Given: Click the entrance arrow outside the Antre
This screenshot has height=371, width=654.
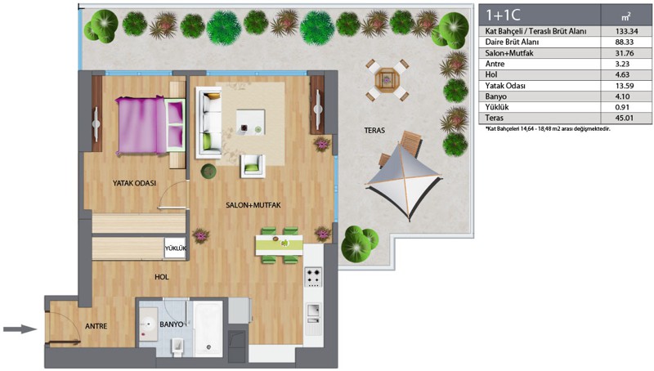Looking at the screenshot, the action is (20, 329).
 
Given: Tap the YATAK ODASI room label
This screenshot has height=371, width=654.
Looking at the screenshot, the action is (134, 183).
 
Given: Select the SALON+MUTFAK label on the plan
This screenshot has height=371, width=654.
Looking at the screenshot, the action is (253, 205).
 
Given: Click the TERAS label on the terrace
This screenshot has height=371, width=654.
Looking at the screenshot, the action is (374, 131).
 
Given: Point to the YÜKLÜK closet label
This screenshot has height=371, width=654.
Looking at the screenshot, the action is (175, 248).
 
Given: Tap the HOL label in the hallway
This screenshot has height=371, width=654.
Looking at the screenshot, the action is (161, 277).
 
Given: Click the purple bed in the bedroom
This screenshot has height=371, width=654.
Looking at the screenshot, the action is (150, 126).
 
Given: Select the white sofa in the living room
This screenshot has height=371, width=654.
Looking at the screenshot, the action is (208, 123).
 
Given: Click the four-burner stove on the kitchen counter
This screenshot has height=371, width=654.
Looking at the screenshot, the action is (314, 277).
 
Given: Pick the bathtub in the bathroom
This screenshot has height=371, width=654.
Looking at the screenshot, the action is (208, 329).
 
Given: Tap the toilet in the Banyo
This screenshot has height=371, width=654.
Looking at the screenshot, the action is (177, 346).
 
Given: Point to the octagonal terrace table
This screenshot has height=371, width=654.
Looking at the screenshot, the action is (387, 79).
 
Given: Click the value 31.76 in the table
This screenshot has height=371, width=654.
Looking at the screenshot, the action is (625, 53).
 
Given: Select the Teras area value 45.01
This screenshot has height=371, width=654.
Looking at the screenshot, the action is (625, 118).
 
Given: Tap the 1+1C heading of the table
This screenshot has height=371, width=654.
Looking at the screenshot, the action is (503, 15).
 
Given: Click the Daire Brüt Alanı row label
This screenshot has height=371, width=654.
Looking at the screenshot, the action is (512, 42).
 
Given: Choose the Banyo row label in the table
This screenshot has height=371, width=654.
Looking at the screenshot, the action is (496, 96).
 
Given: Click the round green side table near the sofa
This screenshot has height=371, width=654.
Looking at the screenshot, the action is (208, 171).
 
